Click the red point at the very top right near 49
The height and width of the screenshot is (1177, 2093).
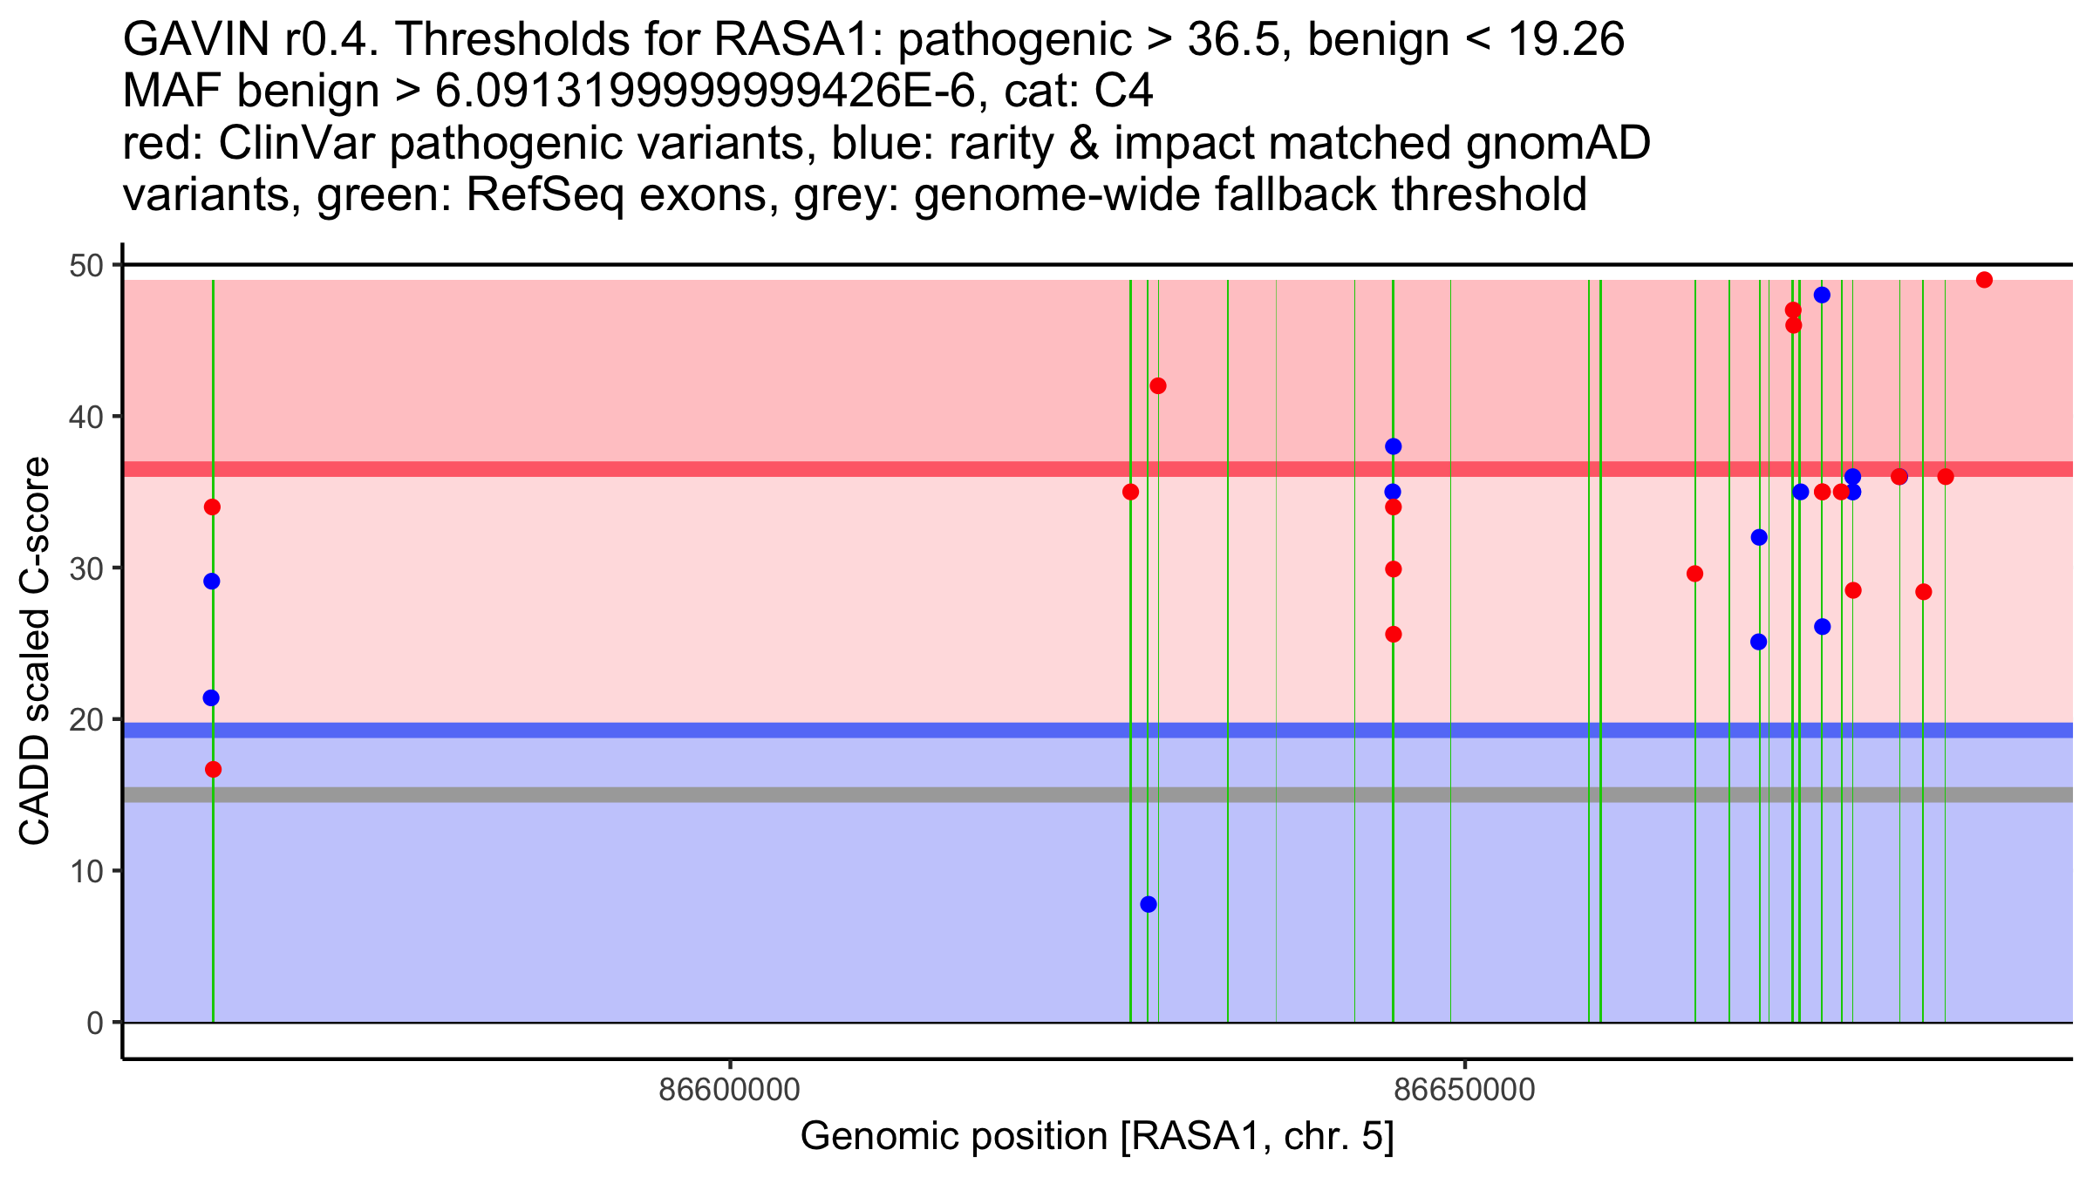(1984, 280)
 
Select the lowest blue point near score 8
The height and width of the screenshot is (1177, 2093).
(1149, 904)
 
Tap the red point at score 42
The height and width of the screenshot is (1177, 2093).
(1158, 386)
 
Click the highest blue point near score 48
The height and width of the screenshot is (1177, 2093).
(1822, 295)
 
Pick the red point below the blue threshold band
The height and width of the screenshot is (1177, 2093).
(213, 769)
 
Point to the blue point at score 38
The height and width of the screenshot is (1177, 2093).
(1393, 446)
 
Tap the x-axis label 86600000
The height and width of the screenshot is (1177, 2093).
(730, 1090)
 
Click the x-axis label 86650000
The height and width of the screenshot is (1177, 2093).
(1464, 1090)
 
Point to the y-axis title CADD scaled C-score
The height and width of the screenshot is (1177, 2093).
(35, 651)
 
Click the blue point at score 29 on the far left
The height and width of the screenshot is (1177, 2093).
(212, 582)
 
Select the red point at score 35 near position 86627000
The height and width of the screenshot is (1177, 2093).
(1130, 492)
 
